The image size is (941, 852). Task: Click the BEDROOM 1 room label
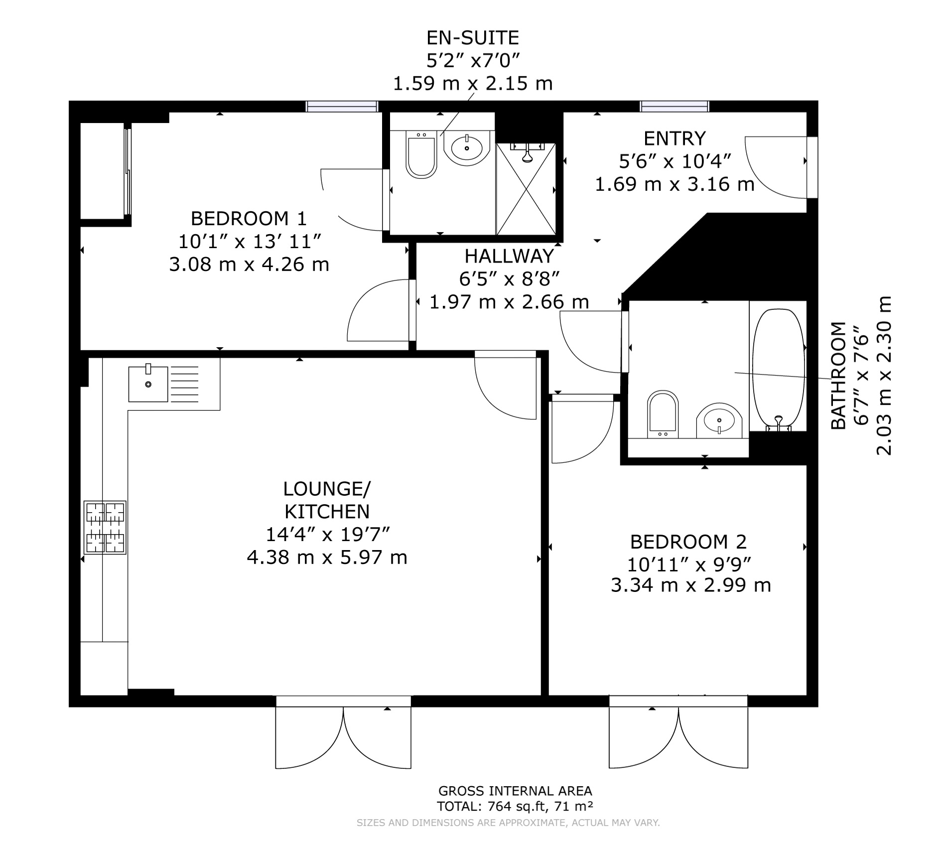[x=249, y=218]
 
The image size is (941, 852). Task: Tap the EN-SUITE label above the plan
[x=473, y=38]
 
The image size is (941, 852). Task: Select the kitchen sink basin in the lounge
[x=148, y=384]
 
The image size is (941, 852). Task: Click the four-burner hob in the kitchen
[x=105, y=527]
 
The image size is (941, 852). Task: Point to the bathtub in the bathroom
[x=778, y=370]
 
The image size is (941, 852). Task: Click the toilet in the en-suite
[x=421, y=154]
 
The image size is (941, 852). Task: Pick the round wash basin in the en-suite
[x=467, y=148]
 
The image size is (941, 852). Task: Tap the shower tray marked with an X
[x=526, y=189]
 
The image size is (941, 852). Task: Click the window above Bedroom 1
[x=342, y=106]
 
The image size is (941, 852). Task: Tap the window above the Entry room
[x=674, y=106]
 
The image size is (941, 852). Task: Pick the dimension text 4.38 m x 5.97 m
[x=327, y=557]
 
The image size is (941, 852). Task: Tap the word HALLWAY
[x=509, y=256]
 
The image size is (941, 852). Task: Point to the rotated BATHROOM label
[x=838, y=375]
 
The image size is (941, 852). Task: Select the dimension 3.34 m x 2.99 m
[x=691, y=585]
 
